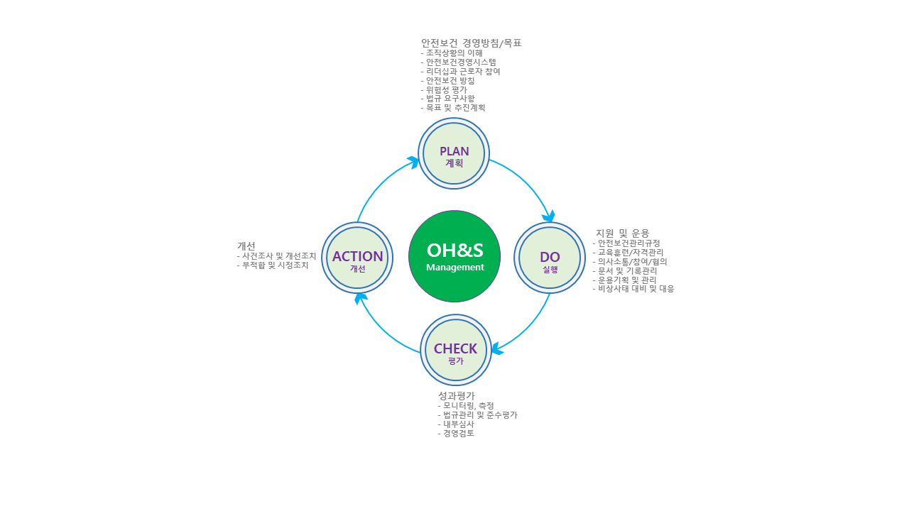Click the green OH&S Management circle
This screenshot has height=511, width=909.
click(454, 256)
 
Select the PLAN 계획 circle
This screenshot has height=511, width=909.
click(454, 153)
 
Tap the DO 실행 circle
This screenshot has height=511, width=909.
click(550, 258)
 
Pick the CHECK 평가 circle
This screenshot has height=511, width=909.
click(455, 350)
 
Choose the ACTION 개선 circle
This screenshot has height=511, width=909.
click(357, 258)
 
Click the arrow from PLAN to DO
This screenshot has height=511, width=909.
click(527, 185)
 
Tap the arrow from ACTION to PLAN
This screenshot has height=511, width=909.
click(380, 186)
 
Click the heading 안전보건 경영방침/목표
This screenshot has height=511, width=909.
click(472, 43)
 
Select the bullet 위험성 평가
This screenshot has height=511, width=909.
click(446, 89)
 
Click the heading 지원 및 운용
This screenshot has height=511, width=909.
click(622, 233)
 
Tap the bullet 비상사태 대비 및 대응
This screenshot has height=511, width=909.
click(635, 289)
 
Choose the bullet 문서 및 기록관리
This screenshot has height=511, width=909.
click(626, 270)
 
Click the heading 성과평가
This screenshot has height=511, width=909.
click(457, 396)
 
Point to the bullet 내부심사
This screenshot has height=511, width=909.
click(457, 424)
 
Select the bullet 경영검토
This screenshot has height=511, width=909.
click(457, 433)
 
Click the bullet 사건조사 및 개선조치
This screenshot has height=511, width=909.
click(278, 255)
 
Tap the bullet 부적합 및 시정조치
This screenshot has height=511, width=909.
click(274, 265)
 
